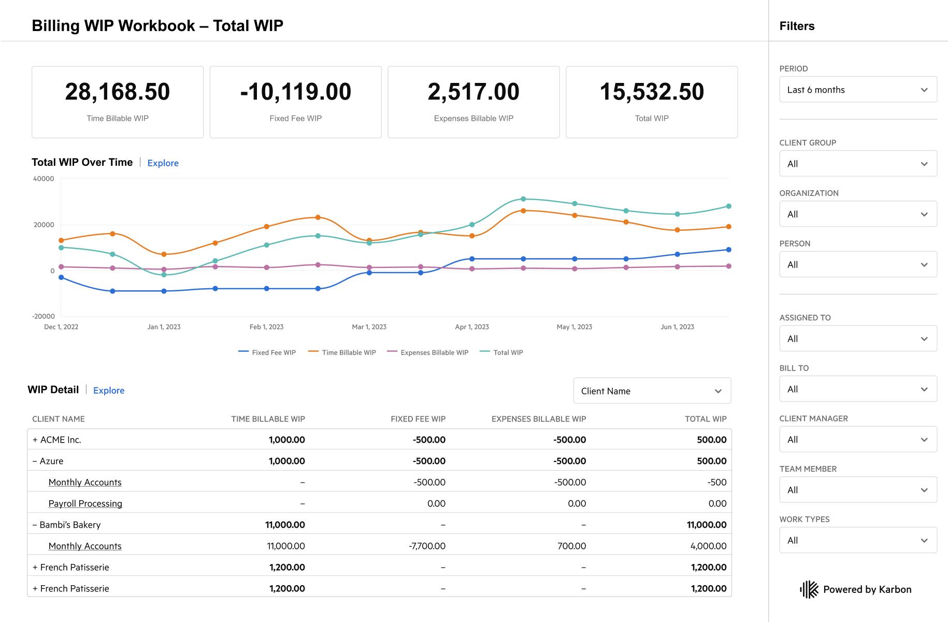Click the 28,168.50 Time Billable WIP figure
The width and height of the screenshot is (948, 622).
pyautogui.click(x=118, y=92)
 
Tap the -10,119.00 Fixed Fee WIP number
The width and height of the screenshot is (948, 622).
pyautogui.click(x=295, y=92)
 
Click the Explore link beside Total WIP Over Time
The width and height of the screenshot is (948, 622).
pyautogui.click(x=163, y=163)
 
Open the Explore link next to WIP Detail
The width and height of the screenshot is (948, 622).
pyautogui.click(x=108, y=390)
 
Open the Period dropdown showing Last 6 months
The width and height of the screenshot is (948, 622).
pyautogui.click(x=858, y=90)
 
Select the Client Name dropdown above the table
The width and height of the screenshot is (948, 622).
pyautogui.click(x=652, y=391)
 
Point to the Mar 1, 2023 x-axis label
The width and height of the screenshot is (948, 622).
pyautogui.click(x=369, y=327)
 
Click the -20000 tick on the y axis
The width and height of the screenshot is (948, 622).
pyautogui.click(x=44, y=316)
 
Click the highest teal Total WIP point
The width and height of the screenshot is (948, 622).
pyautogui.click(x=523, y=199)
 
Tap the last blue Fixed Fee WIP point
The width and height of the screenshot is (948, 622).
pyautogui.click(x=729, y=250)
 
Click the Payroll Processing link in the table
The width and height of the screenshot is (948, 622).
pyautogui.click(x=85, y=503)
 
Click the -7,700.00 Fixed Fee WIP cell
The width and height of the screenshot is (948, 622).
pyautogui.click(x=427, y=546)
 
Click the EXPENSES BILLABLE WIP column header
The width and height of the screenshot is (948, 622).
pyautogui.click(x=538, y=419)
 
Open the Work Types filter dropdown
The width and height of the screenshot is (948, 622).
pyautogui.click(x=858, y=540)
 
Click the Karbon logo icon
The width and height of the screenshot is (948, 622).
pyautogui.click(x=809, y=589)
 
